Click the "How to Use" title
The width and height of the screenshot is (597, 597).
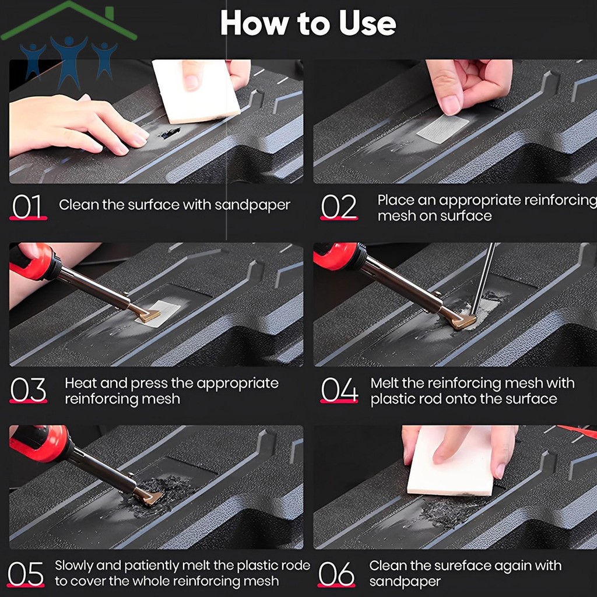[x=308, y=23]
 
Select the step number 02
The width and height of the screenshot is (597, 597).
[x=339, y=206]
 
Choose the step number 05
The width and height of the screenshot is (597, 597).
[x=26, y=574]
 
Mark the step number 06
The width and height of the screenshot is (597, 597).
[x=336, y=574]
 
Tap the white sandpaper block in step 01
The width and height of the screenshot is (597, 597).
[x=196, y=92]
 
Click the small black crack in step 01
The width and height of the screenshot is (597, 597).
[x=170, y=133]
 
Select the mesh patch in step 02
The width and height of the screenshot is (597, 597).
[x=443, y=128]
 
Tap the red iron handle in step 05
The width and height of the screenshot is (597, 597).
[x=40, y=445]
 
